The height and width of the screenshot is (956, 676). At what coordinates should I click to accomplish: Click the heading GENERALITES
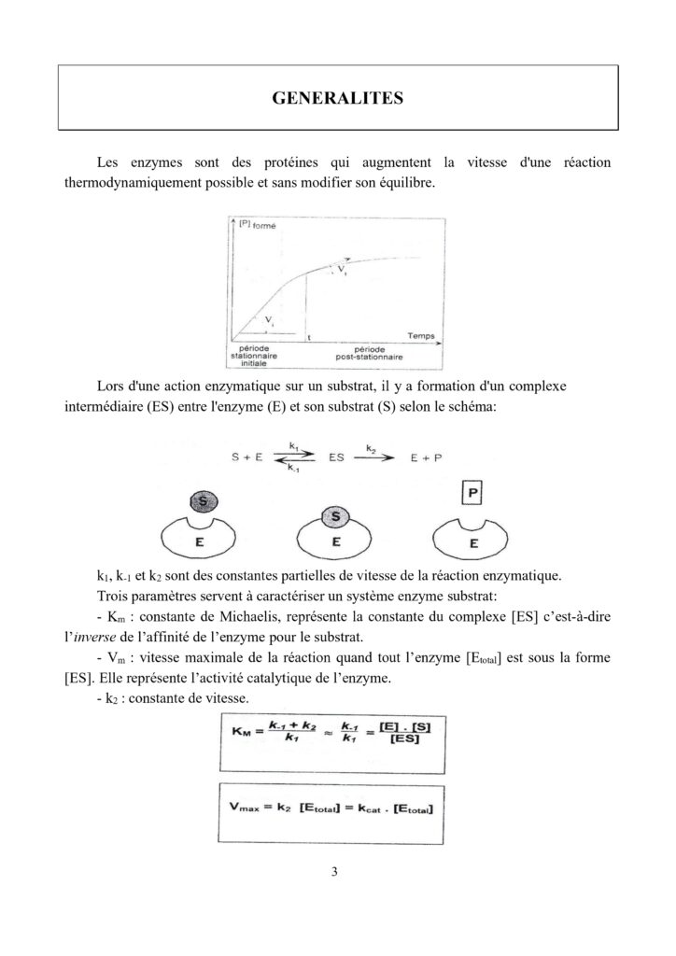pos(338,98)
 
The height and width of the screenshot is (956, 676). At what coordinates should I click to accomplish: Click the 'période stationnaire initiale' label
pos(254,356)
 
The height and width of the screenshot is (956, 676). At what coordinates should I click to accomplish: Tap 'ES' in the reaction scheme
pos(338,459)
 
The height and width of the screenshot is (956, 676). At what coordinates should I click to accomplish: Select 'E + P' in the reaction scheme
pos(425,459)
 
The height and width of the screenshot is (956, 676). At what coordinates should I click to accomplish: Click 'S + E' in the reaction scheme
pos(249,459)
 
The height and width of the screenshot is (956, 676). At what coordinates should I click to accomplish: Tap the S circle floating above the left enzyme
pos(203,501)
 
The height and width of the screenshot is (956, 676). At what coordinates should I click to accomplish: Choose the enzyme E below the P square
pos(473,539)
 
